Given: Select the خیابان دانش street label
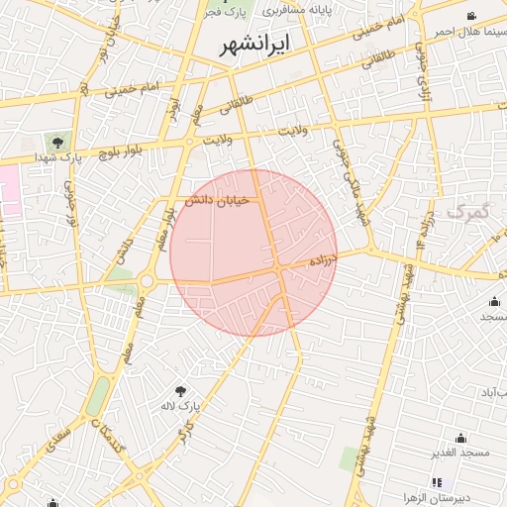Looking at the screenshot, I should [x=216, y=201].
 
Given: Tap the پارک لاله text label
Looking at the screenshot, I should [x=181, y=407].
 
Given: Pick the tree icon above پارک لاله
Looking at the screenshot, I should [x=181, y=391].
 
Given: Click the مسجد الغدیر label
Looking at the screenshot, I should [x=460, y=453].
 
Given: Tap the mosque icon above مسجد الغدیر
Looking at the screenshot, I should [x=460, y=438].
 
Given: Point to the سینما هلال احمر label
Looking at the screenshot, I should [x=469, y=31].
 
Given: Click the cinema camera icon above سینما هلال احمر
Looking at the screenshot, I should [x=471, y=16].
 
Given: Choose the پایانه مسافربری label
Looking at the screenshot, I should [x=309, y=10].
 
